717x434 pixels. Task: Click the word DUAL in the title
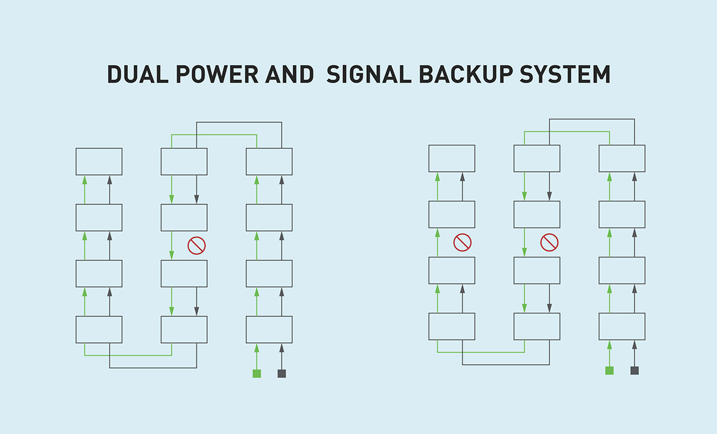[138, 74]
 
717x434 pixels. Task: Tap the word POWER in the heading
[217, 74]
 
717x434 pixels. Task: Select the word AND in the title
[290, 74]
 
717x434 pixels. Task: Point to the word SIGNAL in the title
[369, 74]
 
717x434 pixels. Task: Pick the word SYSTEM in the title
[565, 74]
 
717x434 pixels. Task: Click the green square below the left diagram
[257, 374]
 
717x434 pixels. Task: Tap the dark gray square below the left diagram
[281, 374]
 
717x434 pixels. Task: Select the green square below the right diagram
[609, 371]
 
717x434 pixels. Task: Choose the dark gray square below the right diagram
[635, 371]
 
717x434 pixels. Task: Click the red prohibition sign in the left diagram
[197, 246]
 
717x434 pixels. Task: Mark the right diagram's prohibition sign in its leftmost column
[462, 243]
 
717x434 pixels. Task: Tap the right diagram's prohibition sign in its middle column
[549, 243]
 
